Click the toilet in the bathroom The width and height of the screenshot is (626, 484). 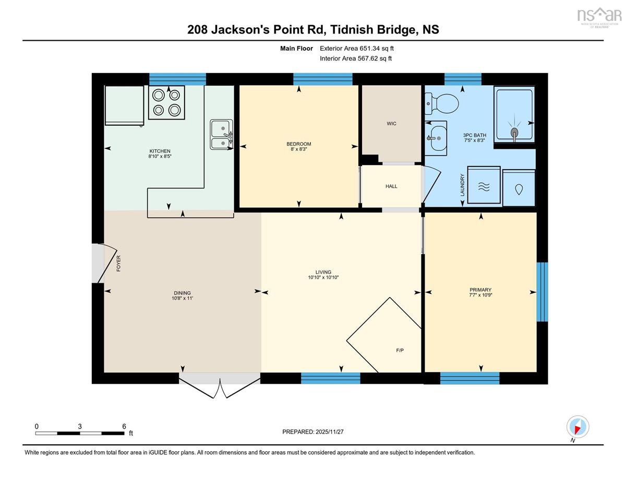pos(442,103)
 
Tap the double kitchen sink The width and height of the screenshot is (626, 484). pos(221,134)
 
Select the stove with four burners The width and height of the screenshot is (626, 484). pos(166,103)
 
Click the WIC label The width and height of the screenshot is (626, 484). pos(391,124)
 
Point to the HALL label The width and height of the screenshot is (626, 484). pos(391,186)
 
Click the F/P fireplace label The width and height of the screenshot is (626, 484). pos(400,350)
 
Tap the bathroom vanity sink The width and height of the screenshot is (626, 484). pos(436,138)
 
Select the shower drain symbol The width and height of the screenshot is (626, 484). pos(514,134)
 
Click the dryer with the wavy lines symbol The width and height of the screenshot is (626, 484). pos(484,185)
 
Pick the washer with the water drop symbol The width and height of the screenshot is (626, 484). pos(519,188)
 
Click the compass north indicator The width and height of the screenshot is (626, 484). pos(577,427)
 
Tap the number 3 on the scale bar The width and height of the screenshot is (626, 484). pos(80,427)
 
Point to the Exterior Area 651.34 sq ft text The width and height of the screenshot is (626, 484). pos(357,49)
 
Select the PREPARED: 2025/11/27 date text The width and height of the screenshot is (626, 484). pos(313,432)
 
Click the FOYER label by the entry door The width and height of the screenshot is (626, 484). pos(118,264)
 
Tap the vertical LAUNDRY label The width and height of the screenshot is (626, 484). pos(462,185)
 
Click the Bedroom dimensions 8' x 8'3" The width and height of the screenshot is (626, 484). pos(299,149)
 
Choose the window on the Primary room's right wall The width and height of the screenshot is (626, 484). pos(542,292)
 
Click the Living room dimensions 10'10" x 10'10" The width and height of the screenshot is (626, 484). pos(323,278)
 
